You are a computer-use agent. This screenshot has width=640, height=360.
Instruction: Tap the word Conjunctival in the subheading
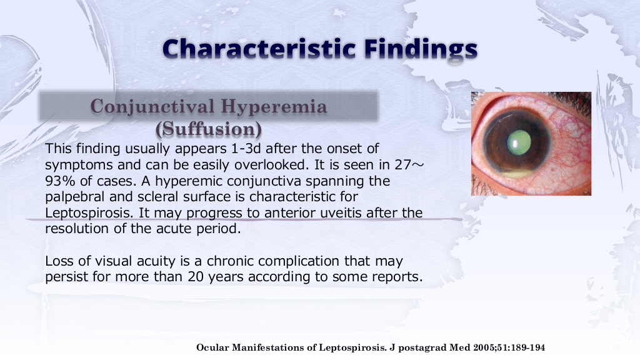click(x=152, y=107)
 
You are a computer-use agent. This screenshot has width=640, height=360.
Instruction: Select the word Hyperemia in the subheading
click(x=274, y=107)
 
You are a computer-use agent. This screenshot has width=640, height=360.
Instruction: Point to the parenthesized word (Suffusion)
click(x=209, y=129)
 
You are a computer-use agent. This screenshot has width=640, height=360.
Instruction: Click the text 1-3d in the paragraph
click(x=246, y=148)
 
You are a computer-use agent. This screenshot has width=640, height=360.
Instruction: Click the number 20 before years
click(x=196, y=277)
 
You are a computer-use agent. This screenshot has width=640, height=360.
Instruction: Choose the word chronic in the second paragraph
click(x=231, y=261)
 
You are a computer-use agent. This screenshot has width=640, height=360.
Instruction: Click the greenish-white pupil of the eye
click(x=519, y=142)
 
